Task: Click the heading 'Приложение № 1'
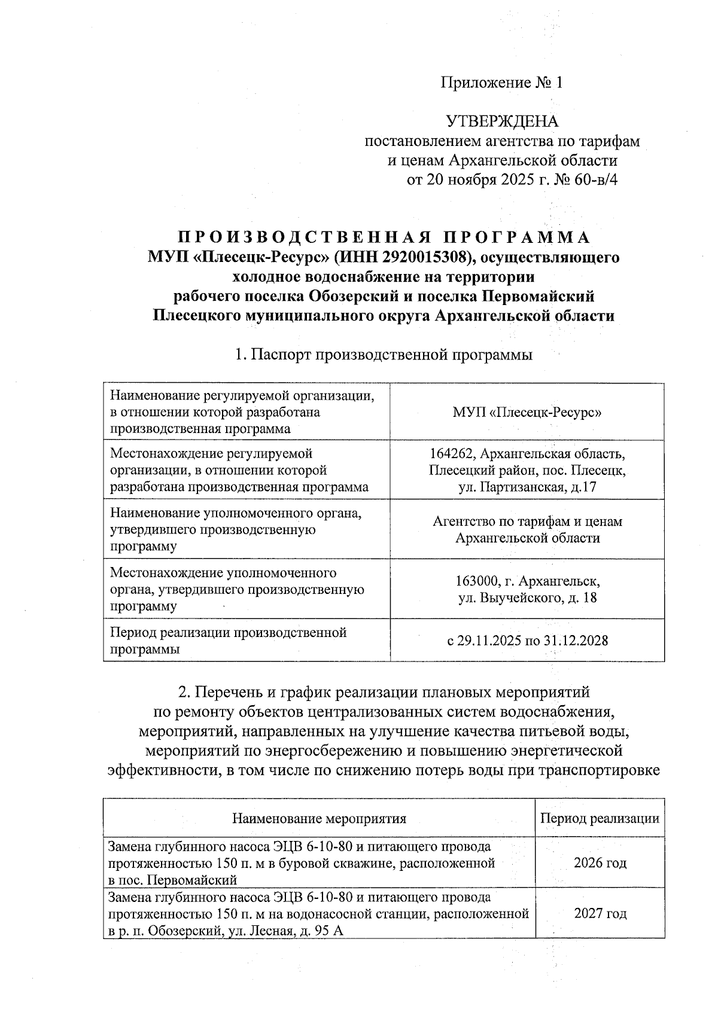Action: click(502, 83)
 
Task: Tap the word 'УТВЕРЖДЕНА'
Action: click(502, 121)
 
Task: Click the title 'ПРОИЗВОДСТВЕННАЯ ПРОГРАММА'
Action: click(383, 237)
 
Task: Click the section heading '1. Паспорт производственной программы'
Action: click(383, 355)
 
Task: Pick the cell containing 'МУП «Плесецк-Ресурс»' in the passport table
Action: click(527, 413)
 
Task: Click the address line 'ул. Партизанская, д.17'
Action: click(527, 487)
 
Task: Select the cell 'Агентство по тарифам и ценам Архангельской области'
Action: click(527, 529)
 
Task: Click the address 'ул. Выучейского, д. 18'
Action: click(527, 598)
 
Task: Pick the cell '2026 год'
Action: click(600, 863)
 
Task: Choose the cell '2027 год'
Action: click(600, 914)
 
